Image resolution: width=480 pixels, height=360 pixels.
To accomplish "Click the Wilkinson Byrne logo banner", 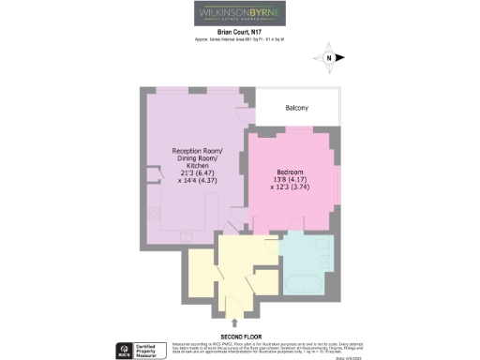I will click(x=239, y=15).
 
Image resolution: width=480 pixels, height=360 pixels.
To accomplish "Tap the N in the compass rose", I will click(x=331, y=58).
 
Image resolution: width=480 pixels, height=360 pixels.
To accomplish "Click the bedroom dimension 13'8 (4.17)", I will click(x=289, y=179).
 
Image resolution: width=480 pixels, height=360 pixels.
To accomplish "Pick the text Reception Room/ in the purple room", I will click(x=196, y=151).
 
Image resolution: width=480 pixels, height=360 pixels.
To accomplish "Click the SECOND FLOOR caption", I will click(x=239, y=336).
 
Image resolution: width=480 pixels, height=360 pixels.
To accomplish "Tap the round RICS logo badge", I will click(x=122, y=349).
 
